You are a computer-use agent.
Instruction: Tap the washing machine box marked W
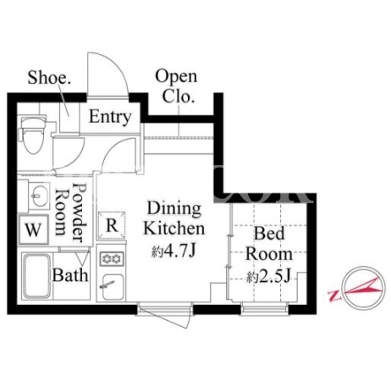click(33, 229)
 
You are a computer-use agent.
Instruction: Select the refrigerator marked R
click(112, 226)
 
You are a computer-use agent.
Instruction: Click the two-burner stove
click(112, 258)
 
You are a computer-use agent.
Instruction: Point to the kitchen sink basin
click(113, 287)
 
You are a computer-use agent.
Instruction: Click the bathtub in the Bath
click(37, 276)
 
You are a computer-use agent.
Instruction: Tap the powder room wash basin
click(38, 196)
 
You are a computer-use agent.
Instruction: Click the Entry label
click(110, 117)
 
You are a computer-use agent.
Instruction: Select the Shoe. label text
click(49, 77)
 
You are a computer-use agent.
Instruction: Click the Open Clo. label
click(177, 86)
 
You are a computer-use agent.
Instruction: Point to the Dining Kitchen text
click(174, 218)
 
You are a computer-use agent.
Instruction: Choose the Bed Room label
click(269, 244)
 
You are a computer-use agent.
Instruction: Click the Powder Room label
click(70, 213)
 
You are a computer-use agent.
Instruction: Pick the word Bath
click(70, 275)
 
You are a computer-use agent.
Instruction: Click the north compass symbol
click(363, 288)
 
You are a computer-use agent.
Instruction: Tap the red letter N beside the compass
click(335, 295)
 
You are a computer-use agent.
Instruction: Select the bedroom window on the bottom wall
click(265, 308)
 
